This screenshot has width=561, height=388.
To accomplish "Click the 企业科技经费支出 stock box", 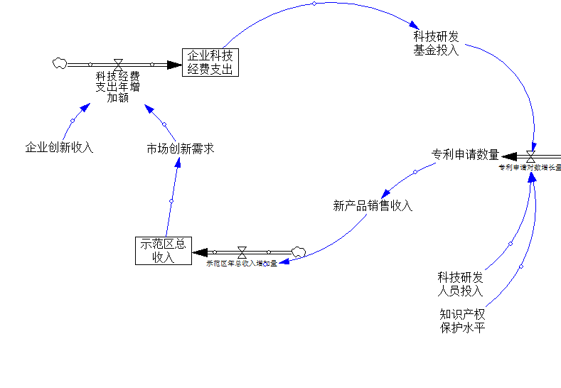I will coord(210,62).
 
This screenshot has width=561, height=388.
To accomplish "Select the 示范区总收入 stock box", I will coord(164,250).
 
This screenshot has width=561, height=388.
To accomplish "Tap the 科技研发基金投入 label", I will coord(437,43).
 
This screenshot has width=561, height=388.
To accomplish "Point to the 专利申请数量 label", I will coord(465,154).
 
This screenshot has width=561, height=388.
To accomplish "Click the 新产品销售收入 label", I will coord(373,206).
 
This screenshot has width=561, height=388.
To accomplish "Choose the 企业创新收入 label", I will coord(60,148).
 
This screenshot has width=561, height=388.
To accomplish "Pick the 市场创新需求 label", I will coord(180,149).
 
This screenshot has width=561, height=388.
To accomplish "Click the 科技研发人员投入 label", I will coord(460,284).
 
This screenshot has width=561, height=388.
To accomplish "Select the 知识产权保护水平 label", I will coord(462,320).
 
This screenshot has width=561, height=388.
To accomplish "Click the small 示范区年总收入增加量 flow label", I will coord(242,264).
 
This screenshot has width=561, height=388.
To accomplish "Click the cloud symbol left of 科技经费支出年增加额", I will coord(59,63).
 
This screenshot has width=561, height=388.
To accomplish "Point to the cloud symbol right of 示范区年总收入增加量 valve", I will coord(299,250).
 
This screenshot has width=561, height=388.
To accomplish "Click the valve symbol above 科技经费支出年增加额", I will coord(118,65).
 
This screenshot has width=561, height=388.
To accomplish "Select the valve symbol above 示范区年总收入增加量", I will coord(242,252).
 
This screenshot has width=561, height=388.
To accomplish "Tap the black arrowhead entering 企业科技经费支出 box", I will coord(174,65).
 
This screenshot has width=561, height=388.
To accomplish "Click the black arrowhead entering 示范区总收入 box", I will coord(200,252).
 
